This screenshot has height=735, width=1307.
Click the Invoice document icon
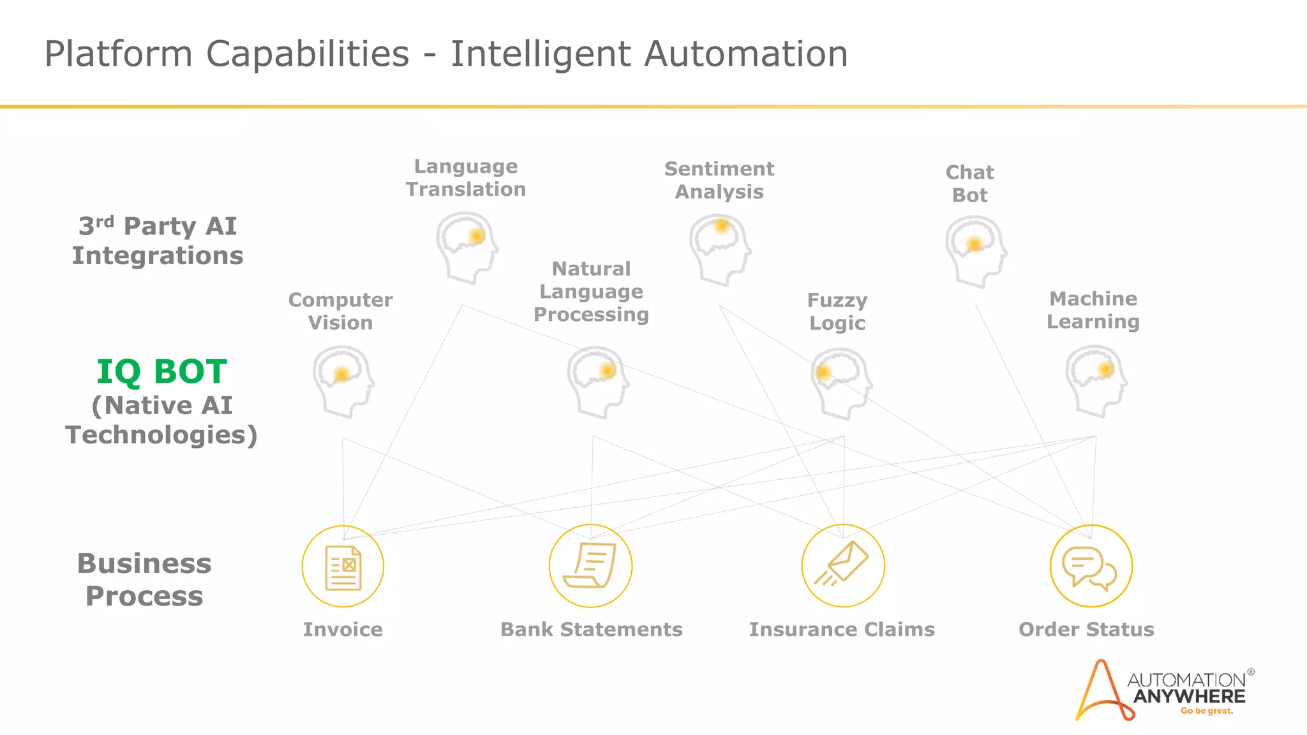343,567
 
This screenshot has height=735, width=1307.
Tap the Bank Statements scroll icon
590,566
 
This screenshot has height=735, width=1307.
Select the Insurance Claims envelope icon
843,566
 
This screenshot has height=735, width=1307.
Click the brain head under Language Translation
467,248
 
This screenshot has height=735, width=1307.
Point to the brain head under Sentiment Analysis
719,249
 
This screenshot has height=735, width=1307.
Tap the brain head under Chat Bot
975,251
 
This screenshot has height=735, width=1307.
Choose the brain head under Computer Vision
343,382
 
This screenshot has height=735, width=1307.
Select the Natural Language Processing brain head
597,382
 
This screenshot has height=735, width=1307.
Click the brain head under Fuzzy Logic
841,383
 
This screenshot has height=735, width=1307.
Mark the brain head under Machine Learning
1096,381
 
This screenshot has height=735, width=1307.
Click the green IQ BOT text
161,372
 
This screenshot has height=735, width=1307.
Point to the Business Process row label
144,579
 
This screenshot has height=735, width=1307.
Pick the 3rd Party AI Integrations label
158,241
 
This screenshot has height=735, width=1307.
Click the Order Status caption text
1086,630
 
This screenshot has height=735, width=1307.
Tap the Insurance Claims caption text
842,630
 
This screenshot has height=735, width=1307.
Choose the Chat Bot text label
969,184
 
